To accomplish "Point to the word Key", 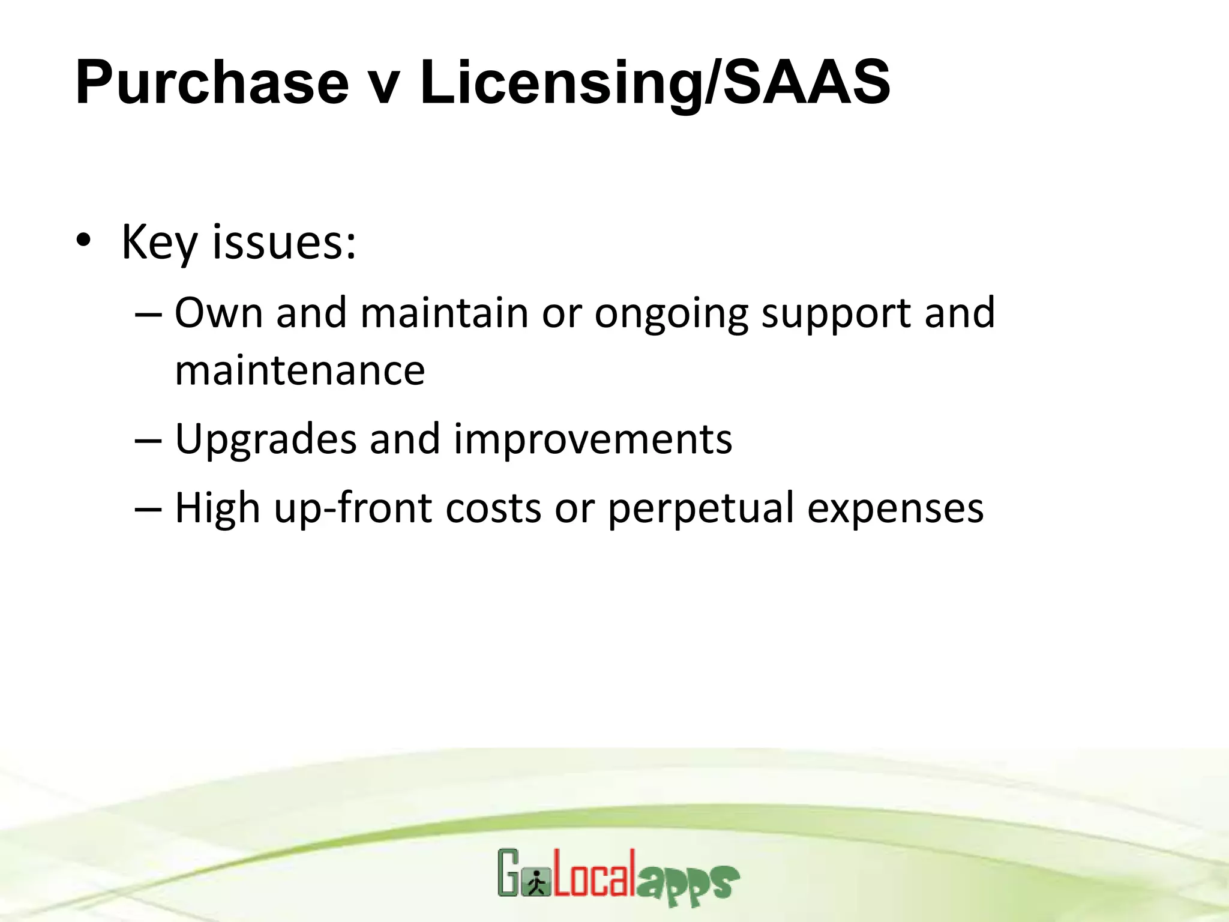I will point(159,243).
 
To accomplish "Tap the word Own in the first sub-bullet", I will point(218,313).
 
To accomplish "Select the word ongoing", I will point(672,314).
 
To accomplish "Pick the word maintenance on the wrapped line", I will point(299,370).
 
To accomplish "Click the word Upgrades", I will point(266,439).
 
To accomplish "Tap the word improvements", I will point(593,439).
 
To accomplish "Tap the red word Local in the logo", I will point(593,873).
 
